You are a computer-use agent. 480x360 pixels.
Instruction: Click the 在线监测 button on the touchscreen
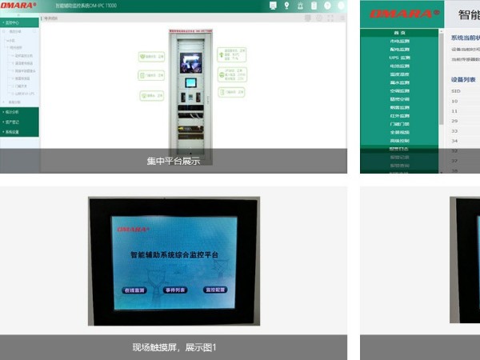(x=134, y=290)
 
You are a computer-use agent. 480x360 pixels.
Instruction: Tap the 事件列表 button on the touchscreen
(x=174, y=290)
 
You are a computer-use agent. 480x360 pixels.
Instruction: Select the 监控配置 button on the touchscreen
(x=215, y=290)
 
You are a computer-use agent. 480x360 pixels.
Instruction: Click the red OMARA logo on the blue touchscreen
(x=133, y=229)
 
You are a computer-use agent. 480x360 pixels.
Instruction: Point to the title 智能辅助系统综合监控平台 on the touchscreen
(x=174, y=254)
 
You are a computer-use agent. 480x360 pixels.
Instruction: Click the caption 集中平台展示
(x=173, y=161)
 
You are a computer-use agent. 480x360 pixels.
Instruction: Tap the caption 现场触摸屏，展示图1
(x=174, y=347)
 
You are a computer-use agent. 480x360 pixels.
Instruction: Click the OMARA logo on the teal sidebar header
(x=395, y=14)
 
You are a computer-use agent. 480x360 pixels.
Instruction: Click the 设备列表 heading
(x=463, y=80)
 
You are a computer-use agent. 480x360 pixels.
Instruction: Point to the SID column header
(x=455, y=91)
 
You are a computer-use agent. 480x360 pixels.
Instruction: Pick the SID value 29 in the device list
(x=455, y=120)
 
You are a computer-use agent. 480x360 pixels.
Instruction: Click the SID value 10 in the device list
(x=455, y=101)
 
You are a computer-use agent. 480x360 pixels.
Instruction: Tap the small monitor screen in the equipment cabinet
(x=190, y=62)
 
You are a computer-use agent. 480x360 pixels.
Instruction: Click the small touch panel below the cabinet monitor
(x=191, y=82)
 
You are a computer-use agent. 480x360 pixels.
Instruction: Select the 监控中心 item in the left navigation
(x=12, y=23)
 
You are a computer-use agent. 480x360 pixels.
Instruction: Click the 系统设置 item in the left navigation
(x=12, y=131)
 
